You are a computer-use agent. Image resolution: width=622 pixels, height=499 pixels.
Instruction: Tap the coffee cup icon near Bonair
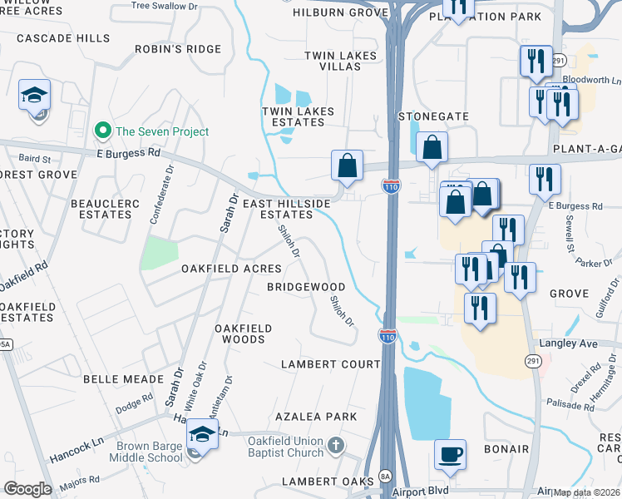[450, 454]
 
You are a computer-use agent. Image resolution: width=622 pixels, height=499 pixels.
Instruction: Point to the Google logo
[27, 489]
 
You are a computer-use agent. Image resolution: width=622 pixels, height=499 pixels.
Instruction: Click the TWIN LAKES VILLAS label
[340, 62]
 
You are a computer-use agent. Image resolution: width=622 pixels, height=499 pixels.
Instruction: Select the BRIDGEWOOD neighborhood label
[305, 287]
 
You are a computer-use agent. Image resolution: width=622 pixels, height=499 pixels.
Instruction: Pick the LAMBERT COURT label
[330, 364]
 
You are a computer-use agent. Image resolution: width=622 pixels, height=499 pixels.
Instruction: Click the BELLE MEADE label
[123, 378]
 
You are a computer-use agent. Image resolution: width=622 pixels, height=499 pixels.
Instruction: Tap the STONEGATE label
[433, 116]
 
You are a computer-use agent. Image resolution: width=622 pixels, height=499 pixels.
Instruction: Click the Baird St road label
[34, 158]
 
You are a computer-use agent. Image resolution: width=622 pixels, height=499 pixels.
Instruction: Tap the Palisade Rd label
[571, 405]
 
